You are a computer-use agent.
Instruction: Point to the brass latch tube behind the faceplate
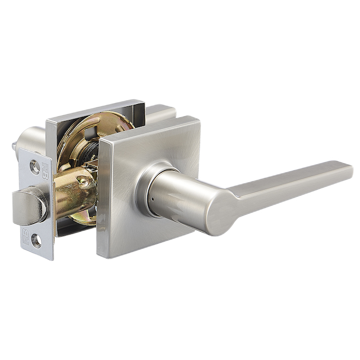[74, 191]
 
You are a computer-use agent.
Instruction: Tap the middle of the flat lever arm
[289, 183]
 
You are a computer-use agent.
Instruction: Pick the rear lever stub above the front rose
[161, 113]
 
